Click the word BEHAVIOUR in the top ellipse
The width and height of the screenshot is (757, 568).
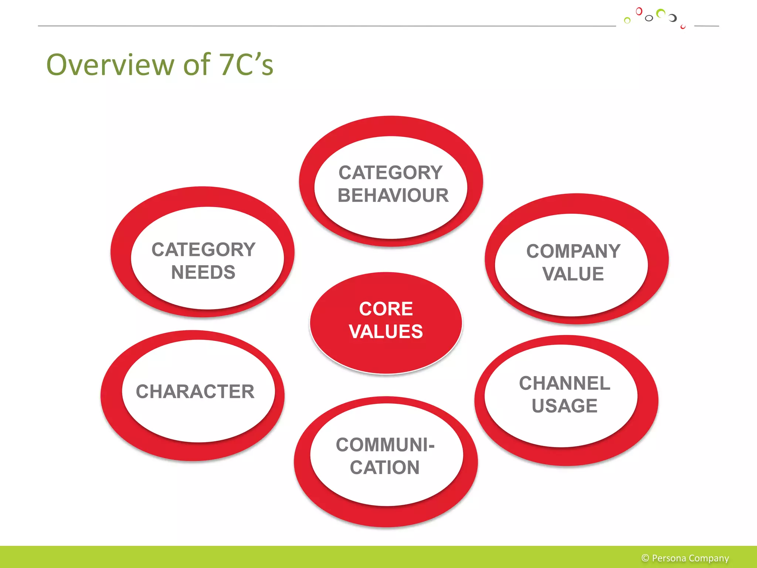pyautogui.click(x=393, y=195)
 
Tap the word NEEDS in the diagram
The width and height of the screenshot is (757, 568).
pyautogui.click(x=203, y=273)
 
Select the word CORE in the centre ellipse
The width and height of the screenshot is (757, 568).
pyautogui.click(x=386, y=309)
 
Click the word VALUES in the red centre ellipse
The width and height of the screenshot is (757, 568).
pyautogui.click(x=386, y=331)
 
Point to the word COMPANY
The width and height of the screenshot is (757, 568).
pyautogui.click(x=573, y=251)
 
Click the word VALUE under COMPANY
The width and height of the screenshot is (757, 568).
pyautogui.click(x=573, y=274)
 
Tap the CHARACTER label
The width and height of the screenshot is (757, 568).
pyautogui.click(x=195, y=392)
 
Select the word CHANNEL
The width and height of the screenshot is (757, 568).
pyautogui.click(x=564, y=383)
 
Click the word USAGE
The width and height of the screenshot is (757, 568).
pyautogui.click(x=564, y=406)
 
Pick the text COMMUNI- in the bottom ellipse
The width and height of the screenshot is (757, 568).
pyautogui.click(x=385, y=445)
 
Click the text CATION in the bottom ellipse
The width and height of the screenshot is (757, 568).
pyautogui.click(x=385, y=467)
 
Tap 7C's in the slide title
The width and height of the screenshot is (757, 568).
pyautogui.click(x=246, y=65)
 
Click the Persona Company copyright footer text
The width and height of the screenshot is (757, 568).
pyautogui.click(x=690, y=558)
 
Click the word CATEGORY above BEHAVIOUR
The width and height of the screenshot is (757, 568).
pyautogui.click(x=391, y=173)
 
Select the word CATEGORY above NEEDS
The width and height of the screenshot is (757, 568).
pyautogui.click(x=204, y=250)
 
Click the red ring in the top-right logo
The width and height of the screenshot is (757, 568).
pyautogui.click(x=639, y=11)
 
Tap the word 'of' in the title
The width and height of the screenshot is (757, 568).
pyautogui.click(x=197, y=65)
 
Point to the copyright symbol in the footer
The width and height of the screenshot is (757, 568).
pyautogui.click(x=645, y=558)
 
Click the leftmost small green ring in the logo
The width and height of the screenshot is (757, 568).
pyautogui.click(x=627, y=20)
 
